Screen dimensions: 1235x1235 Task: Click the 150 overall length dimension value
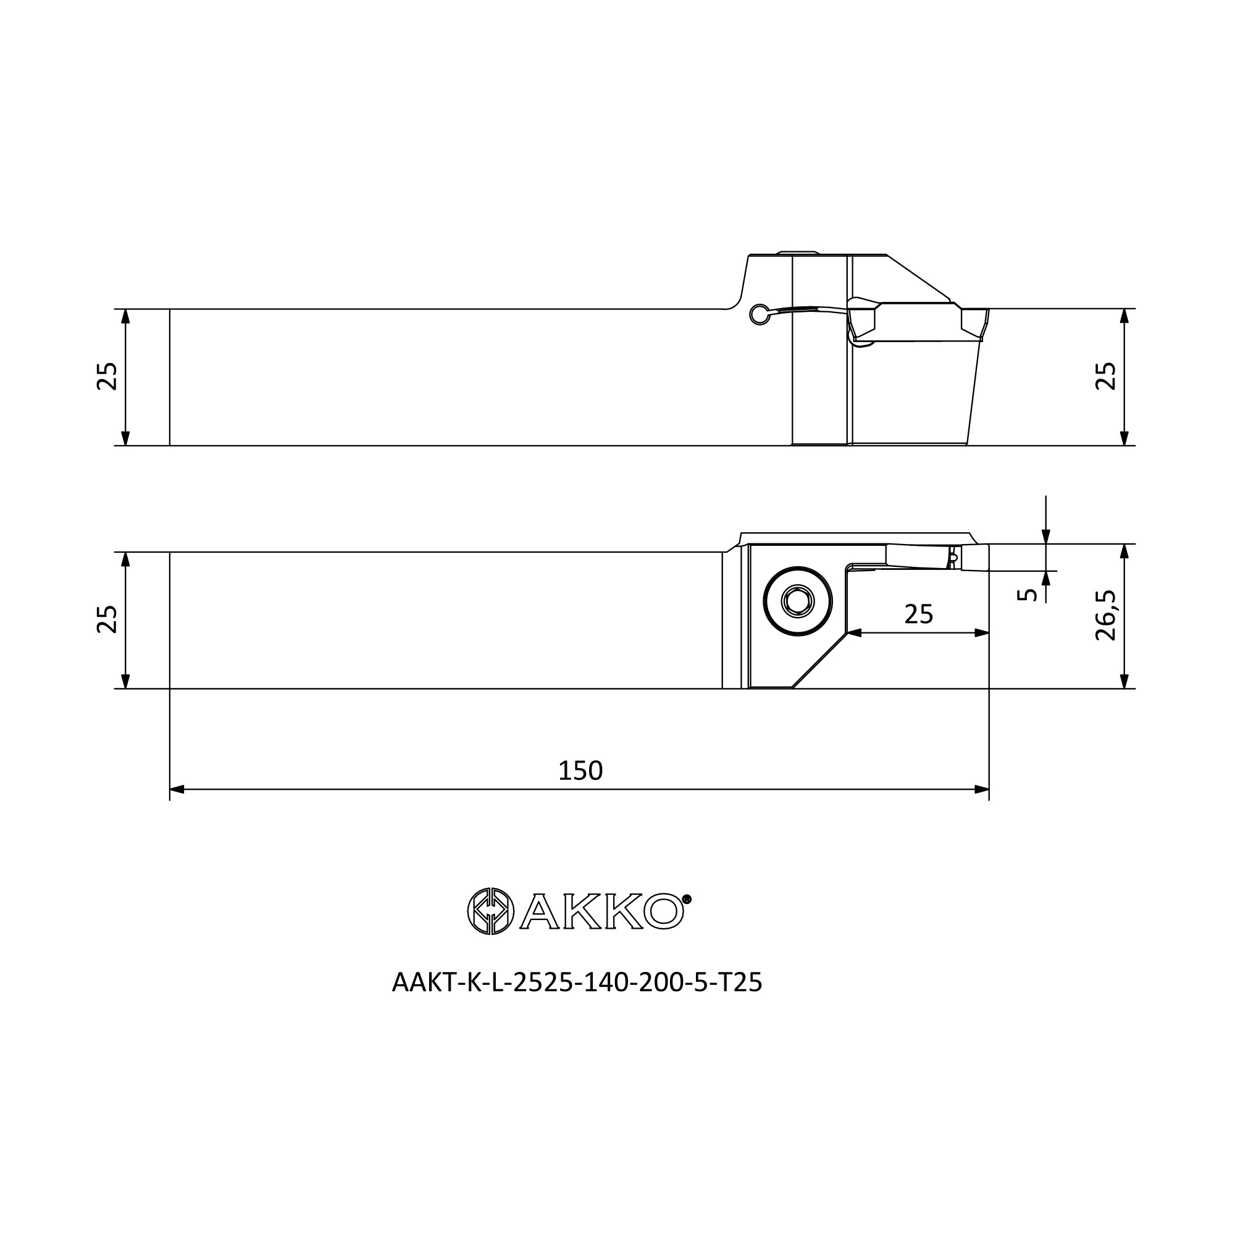click(x=580, y=770)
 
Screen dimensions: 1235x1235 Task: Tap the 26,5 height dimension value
click(x=1106, y=615)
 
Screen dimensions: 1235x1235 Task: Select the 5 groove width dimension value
click(x=1027, y=595)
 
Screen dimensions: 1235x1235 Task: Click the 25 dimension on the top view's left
click(x=107, y=376)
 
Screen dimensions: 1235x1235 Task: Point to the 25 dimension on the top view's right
click(x=1106, y=376)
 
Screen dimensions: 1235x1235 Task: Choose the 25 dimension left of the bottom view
click(x=107, y=619)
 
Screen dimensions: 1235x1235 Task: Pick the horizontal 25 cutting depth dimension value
click(x=919, y=614)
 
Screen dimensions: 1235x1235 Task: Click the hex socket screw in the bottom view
click(x=798, y=601)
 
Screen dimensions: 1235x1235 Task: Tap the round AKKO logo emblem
click(x=490, y=911)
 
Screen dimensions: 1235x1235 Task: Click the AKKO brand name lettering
click(x=602, y=911)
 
